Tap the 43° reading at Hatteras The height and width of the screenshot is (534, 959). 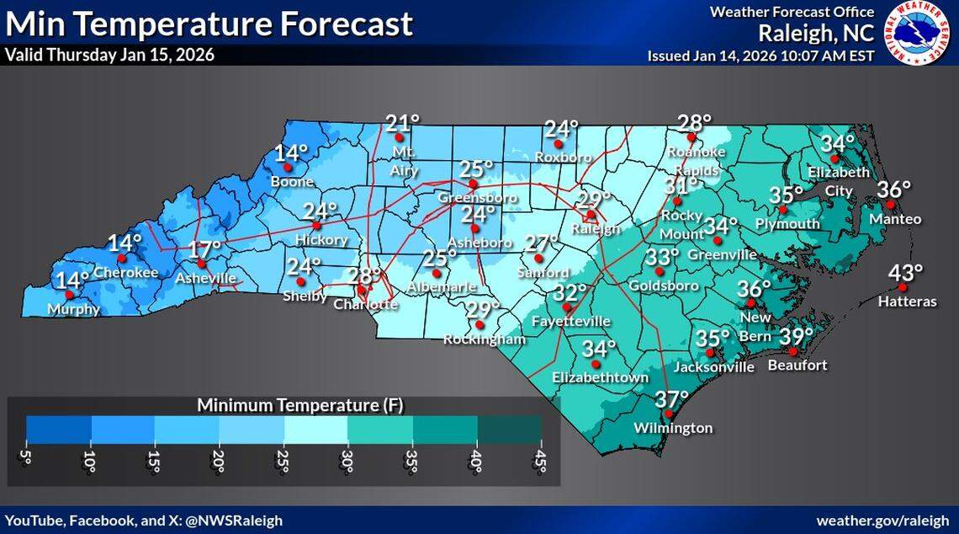pos(906,273)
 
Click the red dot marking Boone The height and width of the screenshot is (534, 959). pos(288,168)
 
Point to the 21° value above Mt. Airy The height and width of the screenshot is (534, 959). pos(402,124)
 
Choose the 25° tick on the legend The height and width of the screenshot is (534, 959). pos(283,462)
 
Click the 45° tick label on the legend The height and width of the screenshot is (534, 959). pos(541,462)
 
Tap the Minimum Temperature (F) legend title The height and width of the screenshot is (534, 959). pos(300,405)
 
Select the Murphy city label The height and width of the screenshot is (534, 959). pos(73,309)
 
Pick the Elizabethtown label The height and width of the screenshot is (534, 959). pos(600,378)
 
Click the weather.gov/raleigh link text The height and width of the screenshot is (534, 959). pos(883,521)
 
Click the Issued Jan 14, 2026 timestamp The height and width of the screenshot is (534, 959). pos(760,56)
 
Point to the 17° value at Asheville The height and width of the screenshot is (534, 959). pos(204,249)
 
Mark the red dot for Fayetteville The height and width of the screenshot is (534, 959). pos(566,307)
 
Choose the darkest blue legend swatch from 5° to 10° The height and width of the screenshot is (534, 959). pos(59,429)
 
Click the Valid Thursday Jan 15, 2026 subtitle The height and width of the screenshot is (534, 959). pos(109,56)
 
